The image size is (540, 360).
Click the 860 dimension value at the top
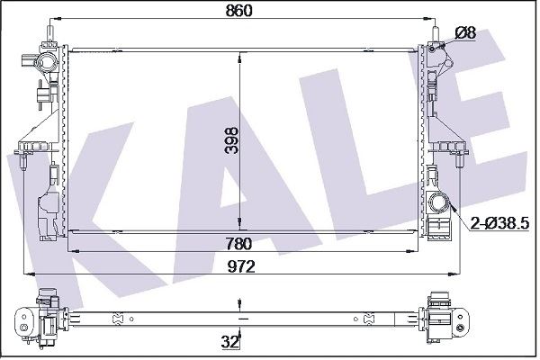[x=238, y=11]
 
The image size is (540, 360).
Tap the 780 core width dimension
[x=239, y=244]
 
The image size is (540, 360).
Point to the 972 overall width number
[x=241, y=266]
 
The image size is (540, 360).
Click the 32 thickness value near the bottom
[x=229, y=342]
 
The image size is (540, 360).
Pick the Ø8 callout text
[x=465, y=33]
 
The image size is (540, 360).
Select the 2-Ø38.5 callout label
[x=499, y=224]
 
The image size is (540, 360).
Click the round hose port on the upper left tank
[x=45, y=63]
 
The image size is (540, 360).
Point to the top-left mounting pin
[x=50, y=33]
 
